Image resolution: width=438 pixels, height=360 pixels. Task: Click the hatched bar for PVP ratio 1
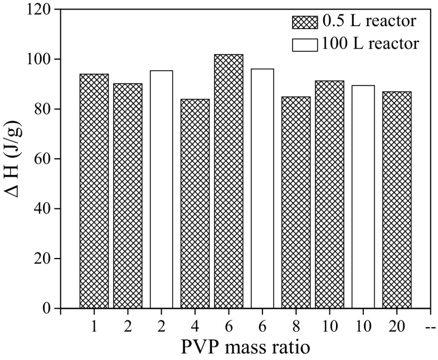pyautogui.click(x=94, y=191)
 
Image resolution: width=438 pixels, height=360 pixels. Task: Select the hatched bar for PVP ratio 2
pyautogui.click(x=128, y=196)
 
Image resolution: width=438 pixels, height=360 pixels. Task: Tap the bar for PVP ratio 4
pyautogui.click(x=195, y=203)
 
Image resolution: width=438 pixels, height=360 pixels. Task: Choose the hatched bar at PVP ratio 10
pyautogui.click(x=329, y=194)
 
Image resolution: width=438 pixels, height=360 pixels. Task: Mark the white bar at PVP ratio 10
pyautogui.click(x=363, y=197)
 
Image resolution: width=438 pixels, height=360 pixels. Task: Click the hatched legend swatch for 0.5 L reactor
pyautogui.click(x=305, y=22)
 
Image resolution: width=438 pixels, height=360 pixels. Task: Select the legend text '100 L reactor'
pyautogui.click(x=368, y=43)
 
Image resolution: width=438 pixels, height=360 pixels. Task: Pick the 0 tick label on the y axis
pyautogui.click(x=48, y=308)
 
